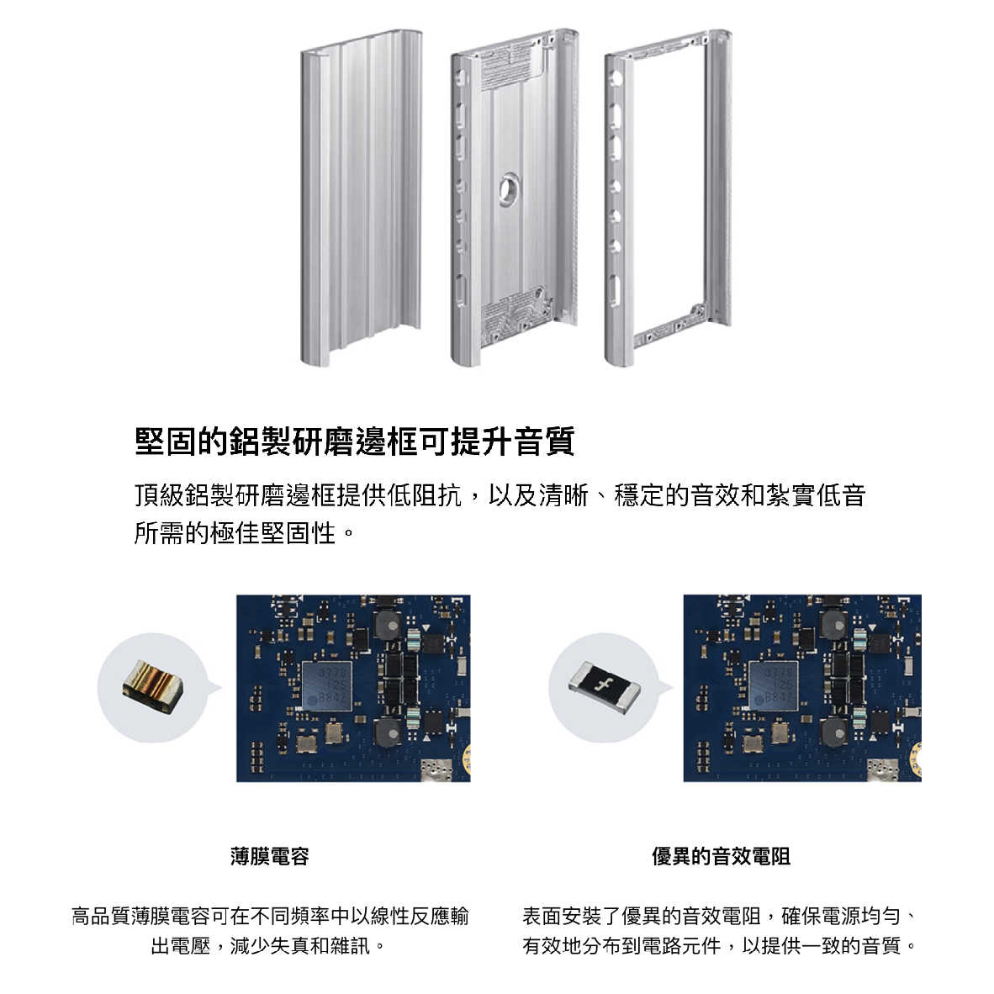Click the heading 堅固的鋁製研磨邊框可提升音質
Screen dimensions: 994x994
(354, 441)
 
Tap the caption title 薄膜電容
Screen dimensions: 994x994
(269, 856)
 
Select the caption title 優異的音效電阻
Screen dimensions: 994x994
(721, 856)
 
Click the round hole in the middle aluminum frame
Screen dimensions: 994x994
(509, 188)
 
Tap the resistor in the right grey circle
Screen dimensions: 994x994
(604, 686)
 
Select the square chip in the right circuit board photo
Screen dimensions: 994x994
(773, 685)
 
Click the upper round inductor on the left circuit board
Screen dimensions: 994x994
(389, 626)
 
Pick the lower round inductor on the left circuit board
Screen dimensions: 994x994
(389, 733)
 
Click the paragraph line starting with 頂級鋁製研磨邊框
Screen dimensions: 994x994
(500, 495)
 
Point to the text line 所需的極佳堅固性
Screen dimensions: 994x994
(244, 532)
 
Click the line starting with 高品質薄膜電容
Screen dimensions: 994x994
(270, 916)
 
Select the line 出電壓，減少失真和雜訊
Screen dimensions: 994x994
(268, 946)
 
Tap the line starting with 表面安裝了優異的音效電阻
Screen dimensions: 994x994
(720, 916)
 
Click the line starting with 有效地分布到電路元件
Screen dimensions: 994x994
(720, 946)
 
